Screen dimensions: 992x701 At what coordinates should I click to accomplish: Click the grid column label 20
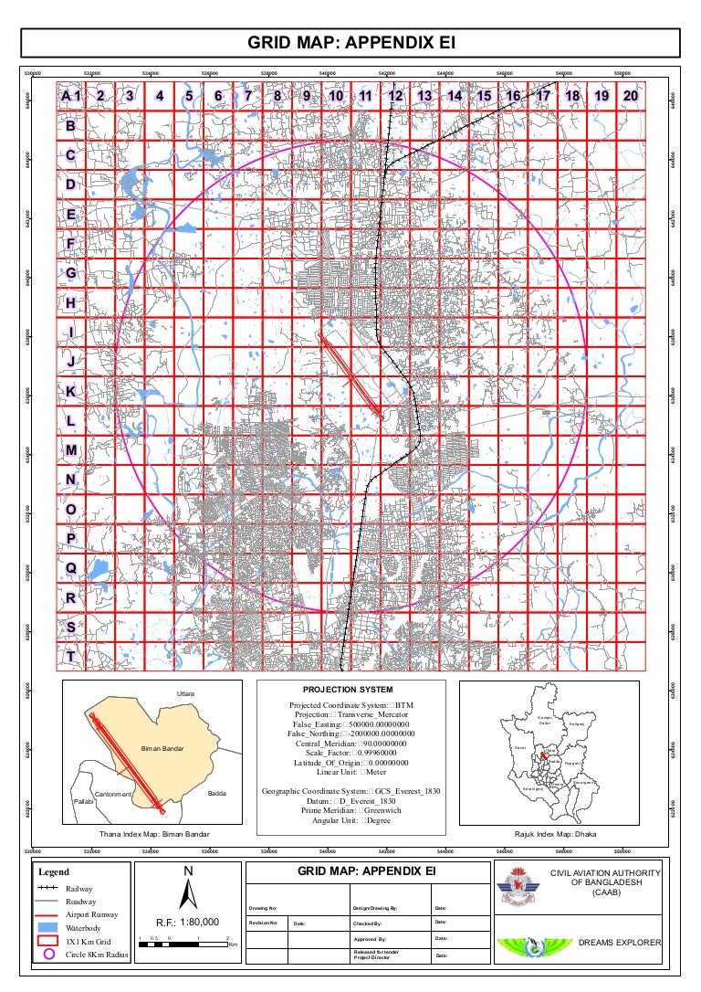click(x=631, y=95)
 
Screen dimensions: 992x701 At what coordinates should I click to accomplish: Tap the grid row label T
click(x=70, y=656)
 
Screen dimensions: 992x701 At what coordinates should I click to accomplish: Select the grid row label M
click(x=70, y=450)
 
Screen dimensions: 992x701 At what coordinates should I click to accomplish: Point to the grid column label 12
click(x=395, y=95)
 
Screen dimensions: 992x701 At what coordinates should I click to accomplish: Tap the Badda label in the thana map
click(x=217, y=793)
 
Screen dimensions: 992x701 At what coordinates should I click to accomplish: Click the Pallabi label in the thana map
click(x=84, y=801)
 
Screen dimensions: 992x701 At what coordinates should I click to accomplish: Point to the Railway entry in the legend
click(x=79, y=888)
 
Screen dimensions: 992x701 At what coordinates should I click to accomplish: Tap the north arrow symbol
click(x=188, y=892)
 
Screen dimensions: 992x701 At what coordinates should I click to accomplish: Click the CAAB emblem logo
click(x=517, y=887)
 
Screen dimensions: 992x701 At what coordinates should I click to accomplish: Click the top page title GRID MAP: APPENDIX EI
click(x=350, y=43)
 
